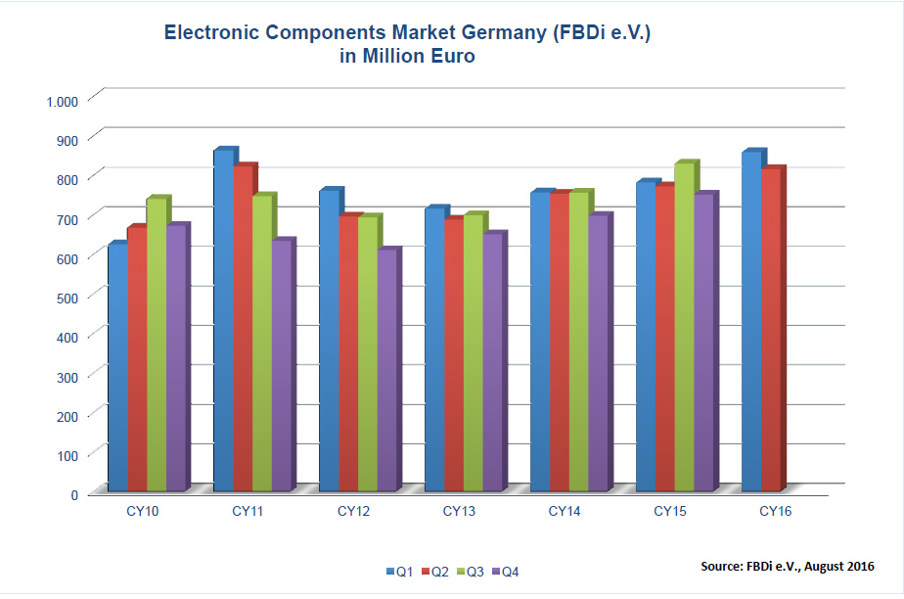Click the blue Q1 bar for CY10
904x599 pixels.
(116, 367)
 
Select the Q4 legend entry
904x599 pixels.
(504, 572)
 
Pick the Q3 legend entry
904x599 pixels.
(469, 572)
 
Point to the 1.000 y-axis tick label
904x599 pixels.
(61, 101)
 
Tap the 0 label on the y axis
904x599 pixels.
(73, 494)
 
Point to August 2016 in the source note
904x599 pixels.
(839, 566)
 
